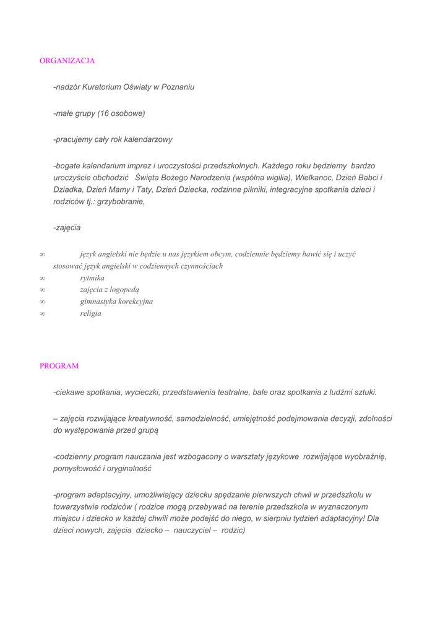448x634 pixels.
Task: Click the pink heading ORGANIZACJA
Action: (x=67, y=61)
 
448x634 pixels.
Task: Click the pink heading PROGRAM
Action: (x=59, y=366)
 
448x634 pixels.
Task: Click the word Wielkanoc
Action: (x=315, y=178)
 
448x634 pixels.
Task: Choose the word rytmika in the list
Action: (x=92, y=278)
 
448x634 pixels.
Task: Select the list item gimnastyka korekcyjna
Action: (x=116, y=302)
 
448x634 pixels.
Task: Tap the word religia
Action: (x=90, y=313)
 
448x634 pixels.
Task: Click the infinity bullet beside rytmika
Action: (x=42, y=279)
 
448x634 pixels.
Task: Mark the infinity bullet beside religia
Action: (x=42, y=314)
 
